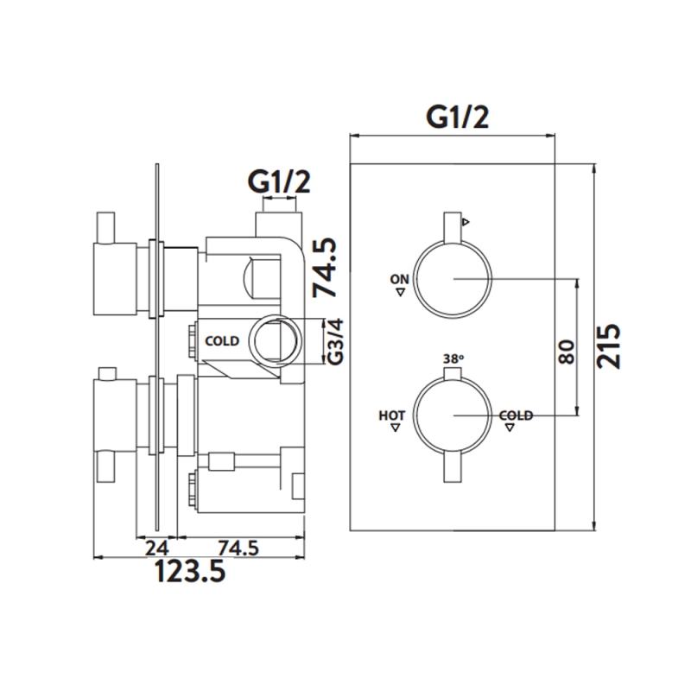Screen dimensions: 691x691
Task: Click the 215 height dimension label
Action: click(609, 346)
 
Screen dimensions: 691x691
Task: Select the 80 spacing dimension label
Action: click(567, 352)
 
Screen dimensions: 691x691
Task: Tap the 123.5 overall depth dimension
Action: click(190, 572)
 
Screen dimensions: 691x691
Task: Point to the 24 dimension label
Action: click(157, 548)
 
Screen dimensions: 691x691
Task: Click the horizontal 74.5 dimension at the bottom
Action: click(238, 548)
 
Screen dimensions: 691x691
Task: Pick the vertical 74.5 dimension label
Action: click(325, 268)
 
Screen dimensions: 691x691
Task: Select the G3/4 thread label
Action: click(336, 341)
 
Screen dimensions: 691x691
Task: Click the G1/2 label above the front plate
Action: click(458, 117)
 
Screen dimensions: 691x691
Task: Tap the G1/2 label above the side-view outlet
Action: click(279, 181)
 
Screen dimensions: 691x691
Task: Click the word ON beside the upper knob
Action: click(400, 279)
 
